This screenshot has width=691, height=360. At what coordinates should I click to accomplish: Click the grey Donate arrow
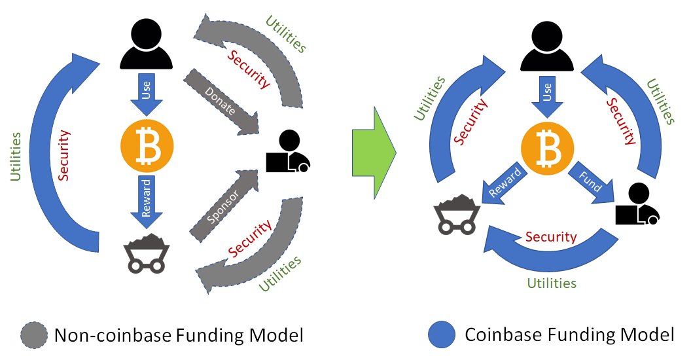tap(221, 101)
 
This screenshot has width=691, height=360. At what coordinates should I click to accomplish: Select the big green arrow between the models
tap(374, 153)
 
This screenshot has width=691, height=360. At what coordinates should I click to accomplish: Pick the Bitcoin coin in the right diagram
tap(547, 149)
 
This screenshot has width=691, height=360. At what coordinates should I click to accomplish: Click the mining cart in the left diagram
tap(147, 253)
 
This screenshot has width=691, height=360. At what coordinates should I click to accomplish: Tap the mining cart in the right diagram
tap(457, 214)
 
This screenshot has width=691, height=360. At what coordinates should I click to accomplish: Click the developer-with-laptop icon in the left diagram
tap(288, 151)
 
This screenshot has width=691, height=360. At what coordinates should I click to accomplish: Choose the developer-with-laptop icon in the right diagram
tap(637, 204)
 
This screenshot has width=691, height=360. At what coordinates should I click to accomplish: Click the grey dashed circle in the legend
tap(34, 336)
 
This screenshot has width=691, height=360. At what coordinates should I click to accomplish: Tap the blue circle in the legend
tap(442, 334)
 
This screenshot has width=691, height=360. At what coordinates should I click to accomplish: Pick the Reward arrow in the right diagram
tap(503, 182)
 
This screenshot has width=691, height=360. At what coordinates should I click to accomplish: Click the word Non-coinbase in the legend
tap(113, 335)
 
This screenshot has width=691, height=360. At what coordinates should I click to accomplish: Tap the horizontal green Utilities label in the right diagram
tap(552, 283)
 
